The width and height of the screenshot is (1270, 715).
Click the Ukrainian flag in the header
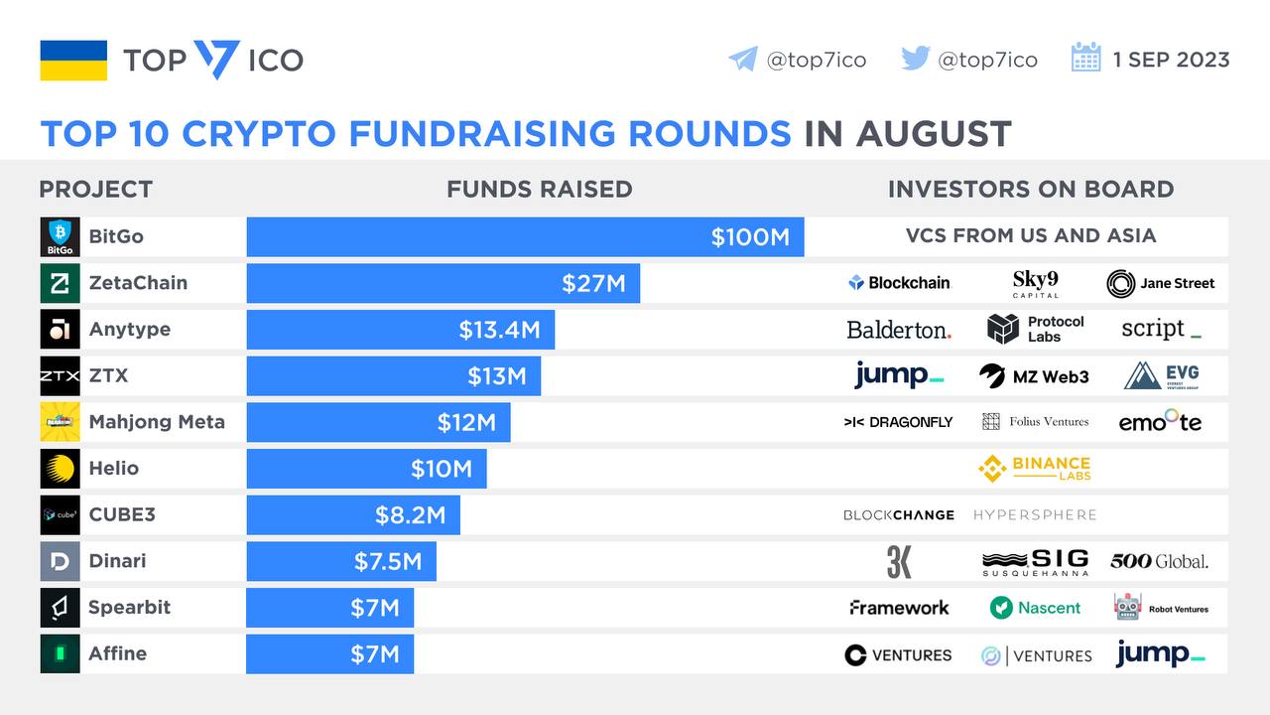pyautogui.click(x=73, y=61)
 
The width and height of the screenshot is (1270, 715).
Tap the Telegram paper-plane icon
pyautogui.click(x=742, y=60)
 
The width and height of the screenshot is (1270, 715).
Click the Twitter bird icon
pyautogui.click(x=915, y=59)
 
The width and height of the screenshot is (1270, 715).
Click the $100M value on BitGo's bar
pyautogui.click(x=750, y=237)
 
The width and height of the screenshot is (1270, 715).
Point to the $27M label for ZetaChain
pyautogui.click(x=593, y=284)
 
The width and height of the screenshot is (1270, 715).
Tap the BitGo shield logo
pyautogui.click(x=60, y=237)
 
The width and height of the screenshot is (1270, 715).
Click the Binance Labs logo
pyautogui.click(x=1034, y=469)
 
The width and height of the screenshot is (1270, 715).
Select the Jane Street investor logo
pyautogui.click(x=1160, y=283)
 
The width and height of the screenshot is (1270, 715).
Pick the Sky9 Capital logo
pyautogui.click(x=1035, y=283)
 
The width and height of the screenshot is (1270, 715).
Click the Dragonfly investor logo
pyautogui.click(x=898, y=422)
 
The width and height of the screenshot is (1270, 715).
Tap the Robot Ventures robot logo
pyautogui.click(x=1128, y=607)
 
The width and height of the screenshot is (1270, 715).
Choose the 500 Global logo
pyautogui.click(x=1159, y=561)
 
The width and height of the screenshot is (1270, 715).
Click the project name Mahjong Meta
pyautogui.click(x=157, y=422)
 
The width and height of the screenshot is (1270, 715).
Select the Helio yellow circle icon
pyautogui.click(x=60, y=469)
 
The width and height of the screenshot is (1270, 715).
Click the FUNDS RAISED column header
pyautogui.click(x=539, y=189)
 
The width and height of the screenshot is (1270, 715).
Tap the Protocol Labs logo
pyautogui.click(x=1035, y=329)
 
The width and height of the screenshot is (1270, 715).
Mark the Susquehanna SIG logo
pyautogui.click(x=1035, y=562)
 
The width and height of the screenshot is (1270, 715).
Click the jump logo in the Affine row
pyautogui.click(x=1160, y=654)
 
